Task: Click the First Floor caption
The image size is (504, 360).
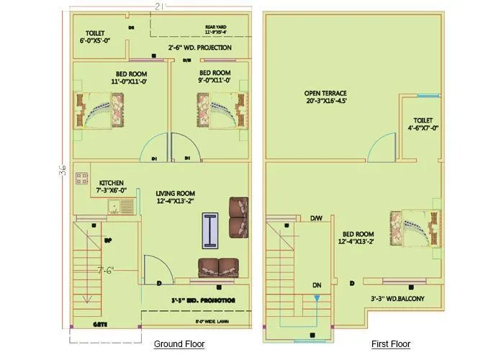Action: (x=390, y=344)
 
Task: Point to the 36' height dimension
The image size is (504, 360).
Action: (x=63, y=170)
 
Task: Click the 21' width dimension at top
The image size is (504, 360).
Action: (x=163, y=6)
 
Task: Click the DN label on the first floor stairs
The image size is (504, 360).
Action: (x=316, y=285)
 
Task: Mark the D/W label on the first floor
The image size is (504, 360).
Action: (x=316, y=218)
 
